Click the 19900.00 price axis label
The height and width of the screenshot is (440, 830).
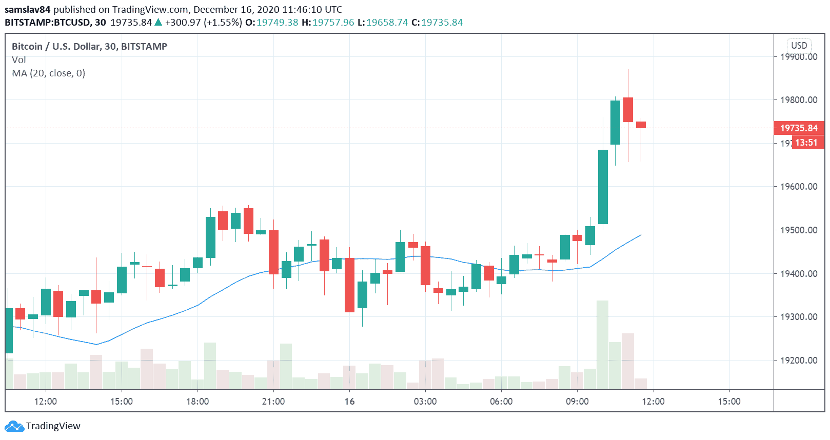click(x=798, y=56)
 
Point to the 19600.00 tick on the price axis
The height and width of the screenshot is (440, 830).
click(x=798, y=187)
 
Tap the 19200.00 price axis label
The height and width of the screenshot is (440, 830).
click(x=798, y=361)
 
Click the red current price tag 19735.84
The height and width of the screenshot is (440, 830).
click(x=798, y=128)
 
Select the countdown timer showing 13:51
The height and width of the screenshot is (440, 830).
click(x=806, y=143)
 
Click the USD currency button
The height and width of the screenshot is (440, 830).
click(x=799, y=45)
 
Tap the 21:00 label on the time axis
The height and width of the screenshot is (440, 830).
click(x=273, y=402)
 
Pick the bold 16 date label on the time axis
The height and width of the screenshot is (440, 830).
click(x=349, y=402)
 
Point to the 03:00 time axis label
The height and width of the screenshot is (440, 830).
click(x=425, y=402)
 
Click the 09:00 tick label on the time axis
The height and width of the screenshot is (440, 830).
click(x=577, y=402)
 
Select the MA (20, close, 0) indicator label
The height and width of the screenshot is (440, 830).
click(x=48, y=73)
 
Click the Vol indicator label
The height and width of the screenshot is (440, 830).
click(x=18, y=60)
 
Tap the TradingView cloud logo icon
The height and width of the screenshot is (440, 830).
click(x=14, y=426)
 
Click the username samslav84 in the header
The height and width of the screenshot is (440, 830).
click(x=27, y=9)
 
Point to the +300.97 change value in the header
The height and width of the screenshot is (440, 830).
click(x=183, y=23)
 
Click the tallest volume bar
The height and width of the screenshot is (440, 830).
click(x=602, y=345)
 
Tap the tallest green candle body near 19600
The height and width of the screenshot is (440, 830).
click(x=603, y=187)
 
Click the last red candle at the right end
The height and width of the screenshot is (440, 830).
click(x=641, y=125)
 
